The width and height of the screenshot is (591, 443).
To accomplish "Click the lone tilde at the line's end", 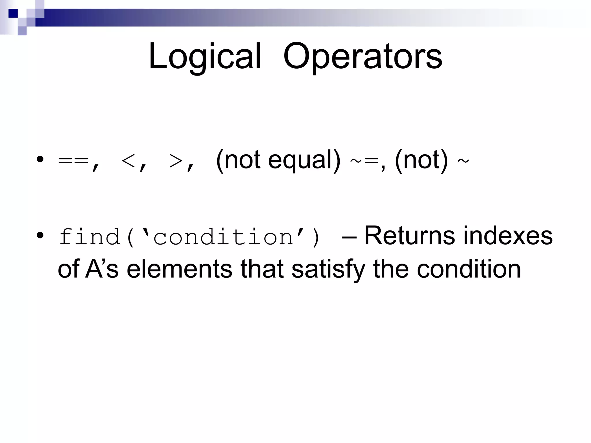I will (x=463, y=161).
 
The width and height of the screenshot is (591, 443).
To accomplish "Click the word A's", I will (x=102, y=269).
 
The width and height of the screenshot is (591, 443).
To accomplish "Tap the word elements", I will (x=179, y=269).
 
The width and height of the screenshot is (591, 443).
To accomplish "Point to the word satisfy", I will (x=328, y=269).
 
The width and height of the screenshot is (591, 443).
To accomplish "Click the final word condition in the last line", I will (x=469, y=269).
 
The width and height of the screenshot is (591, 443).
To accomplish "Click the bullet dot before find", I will (x=40, y=235).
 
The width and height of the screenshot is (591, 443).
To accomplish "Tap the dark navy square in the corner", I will (x=13, y=13).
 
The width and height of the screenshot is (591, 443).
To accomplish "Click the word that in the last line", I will (x=262, y=269).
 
